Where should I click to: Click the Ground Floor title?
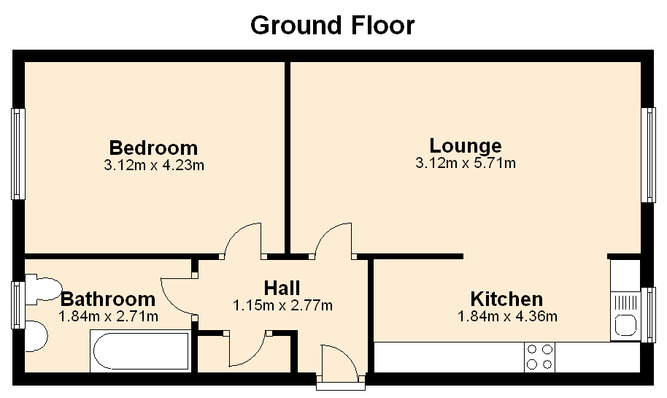tap(332, 26)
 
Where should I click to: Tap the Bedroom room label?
tap(153, 148)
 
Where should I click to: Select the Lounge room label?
tap(466, 145)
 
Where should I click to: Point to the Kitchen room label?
tap(506, 299)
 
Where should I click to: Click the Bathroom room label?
tap(108, 299)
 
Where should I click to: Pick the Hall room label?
tap(282, 288)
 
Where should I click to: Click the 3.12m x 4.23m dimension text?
tap(154, 165)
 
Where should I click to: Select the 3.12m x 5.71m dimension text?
tap(466, 163)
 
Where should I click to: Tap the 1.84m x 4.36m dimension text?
tap(507, 316)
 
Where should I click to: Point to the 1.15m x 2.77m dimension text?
tap(282, 305)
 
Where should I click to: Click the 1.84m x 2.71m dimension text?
tap(108, 316)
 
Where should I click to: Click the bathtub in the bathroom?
tap(140, 351)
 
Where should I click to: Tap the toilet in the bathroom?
tap(42, 289)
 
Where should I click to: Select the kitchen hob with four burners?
tap(539, 356)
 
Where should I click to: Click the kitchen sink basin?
tap(625, 325)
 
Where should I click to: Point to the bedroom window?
tap(18, 153)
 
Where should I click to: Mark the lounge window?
tap(648, 155)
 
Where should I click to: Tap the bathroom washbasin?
tap(36, 336)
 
